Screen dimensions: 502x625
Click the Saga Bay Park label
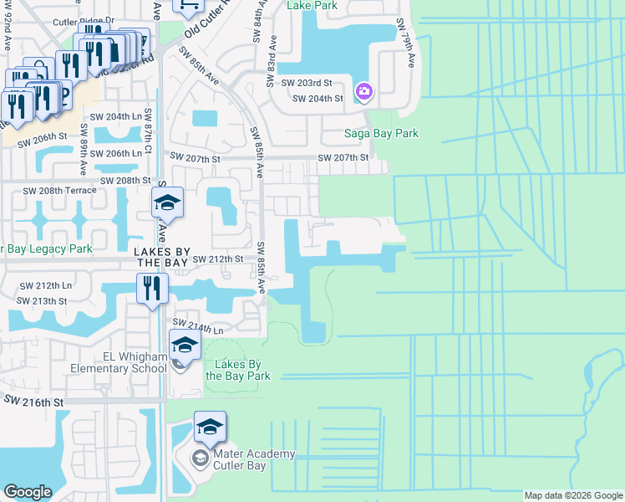382,133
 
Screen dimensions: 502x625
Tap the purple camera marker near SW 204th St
364,91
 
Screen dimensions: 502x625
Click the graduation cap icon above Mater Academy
210,428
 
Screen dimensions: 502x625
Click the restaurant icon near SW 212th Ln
151,288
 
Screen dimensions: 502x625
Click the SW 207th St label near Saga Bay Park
343,157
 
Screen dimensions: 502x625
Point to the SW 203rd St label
307,84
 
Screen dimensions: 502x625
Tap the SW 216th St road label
34,402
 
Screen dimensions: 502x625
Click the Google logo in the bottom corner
28,492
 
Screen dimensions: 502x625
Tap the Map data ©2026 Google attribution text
573,495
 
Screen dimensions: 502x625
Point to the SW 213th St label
41,300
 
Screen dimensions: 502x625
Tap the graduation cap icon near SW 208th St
166,202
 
